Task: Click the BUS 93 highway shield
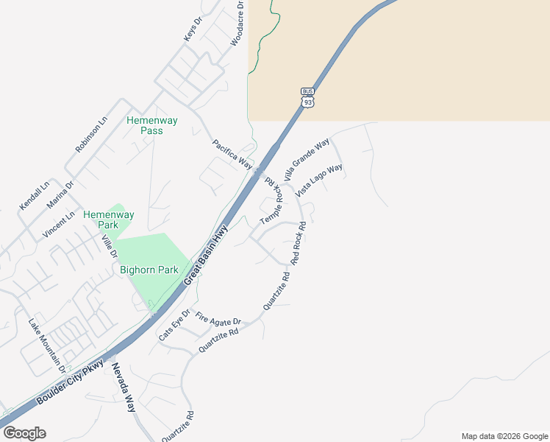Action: tap(308, 97)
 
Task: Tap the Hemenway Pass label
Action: tap(145, 125)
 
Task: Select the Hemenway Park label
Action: tap(109, 220)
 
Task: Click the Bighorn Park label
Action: tap(149, 270)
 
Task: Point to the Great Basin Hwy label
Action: tap(207, 254)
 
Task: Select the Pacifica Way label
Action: tap(232, 153)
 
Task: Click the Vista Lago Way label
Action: tap(320, 180)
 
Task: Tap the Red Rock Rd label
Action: tap(298, 242)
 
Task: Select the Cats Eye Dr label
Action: tap(174, 325)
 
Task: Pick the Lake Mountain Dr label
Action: tap(46, 344)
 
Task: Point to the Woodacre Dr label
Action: tap(237, 24)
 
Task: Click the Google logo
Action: tap(24, 433)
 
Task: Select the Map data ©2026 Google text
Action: tap(504, 436)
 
